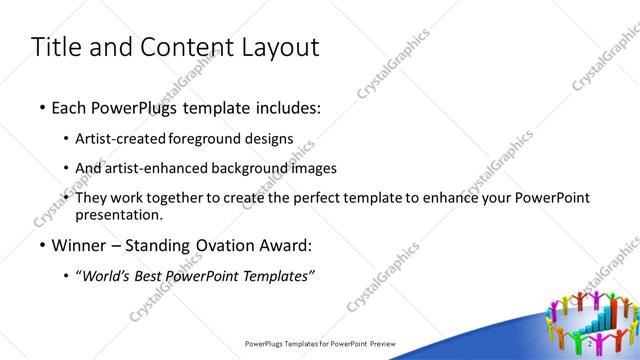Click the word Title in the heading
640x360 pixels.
(x=57, y=47)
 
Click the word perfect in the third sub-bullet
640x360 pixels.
(x=319, y=198)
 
